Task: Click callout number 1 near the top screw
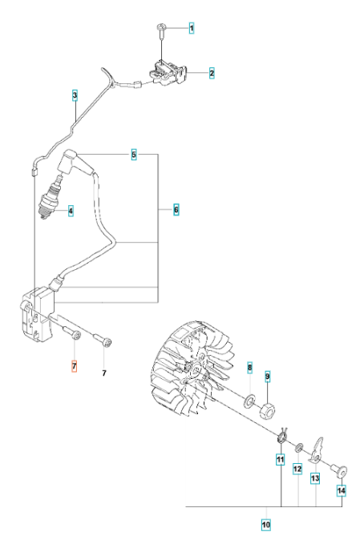point(192,28)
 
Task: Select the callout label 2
point(212,73)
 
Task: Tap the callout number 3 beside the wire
point(75,95)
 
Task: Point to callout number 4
point(71,211)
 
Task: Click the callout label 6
point(176,210)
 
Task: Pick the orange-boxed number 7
point(74,366)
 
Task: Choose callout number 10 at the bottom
point(266,525)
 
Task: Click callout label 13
point(315,479)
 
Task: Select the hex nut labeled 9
point(268,409)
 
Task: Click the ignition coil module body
point(38,313)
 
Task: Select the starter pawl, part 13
point(316,450)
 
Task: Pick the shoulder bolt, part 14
point(339,471)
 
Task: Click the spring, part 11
point(282,436)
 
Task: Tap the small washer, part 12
point(299,448)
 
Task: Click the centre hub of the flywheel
point(193,370)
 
